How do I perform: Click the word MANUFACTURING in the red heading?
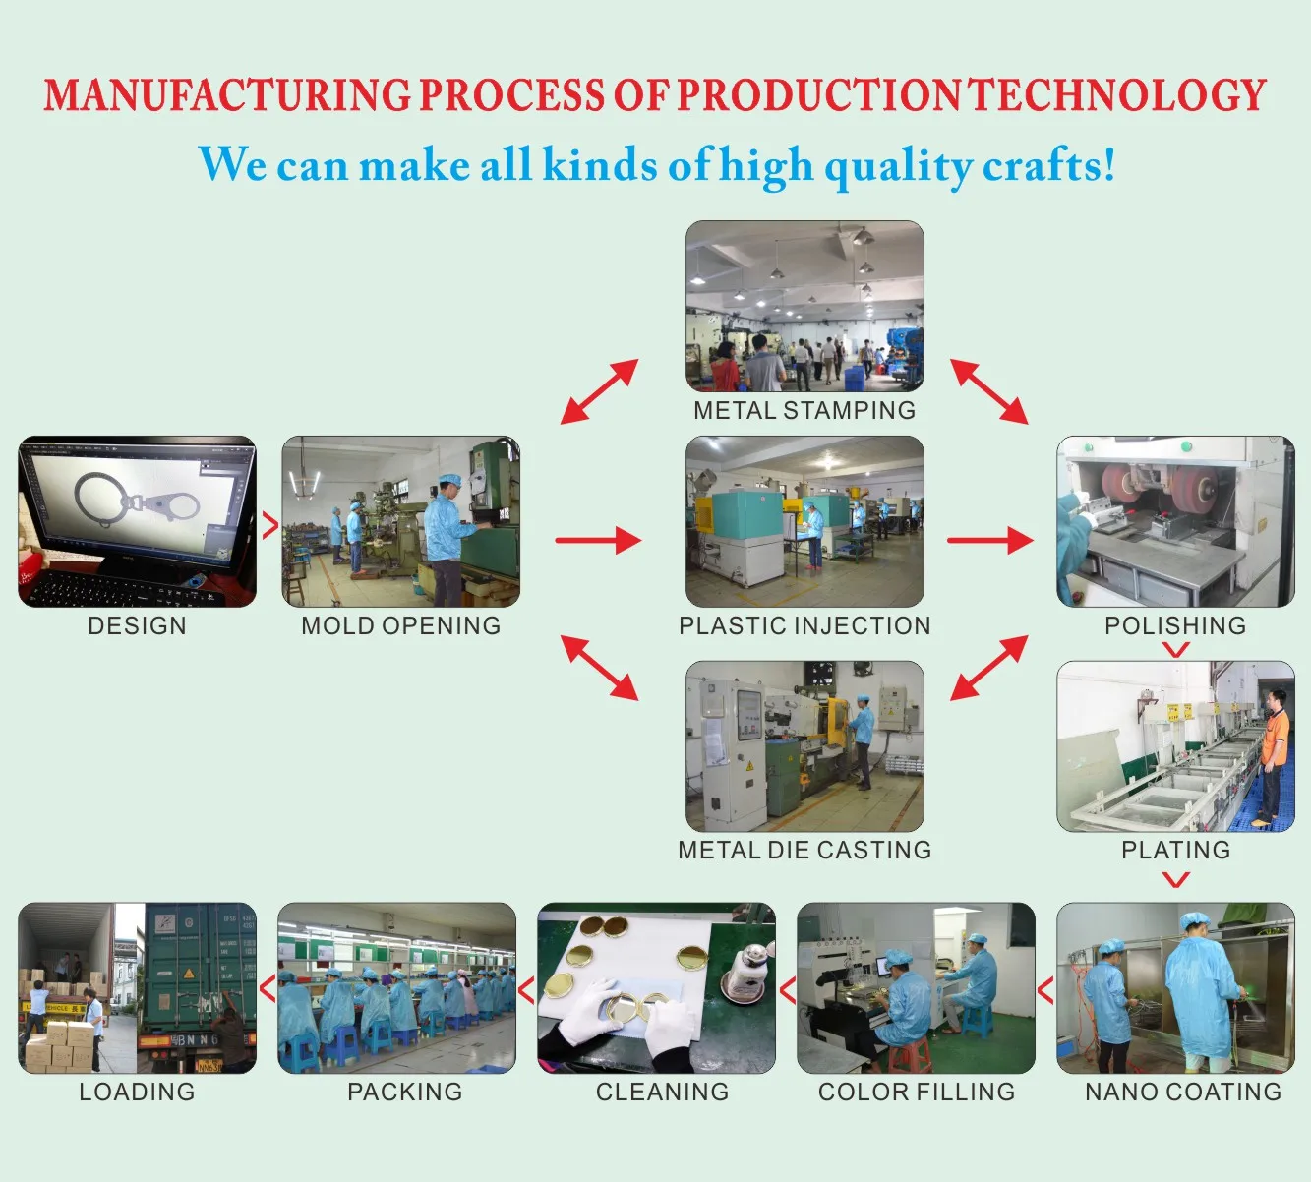pos(226,95)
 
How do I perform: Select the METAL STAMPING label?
pos(804,410)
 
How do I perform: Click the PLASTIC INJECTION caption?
pos(804,625)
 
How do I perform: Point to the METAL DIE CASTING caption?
pos(804,850)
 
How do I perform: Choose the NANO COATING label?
pos(1183,1092)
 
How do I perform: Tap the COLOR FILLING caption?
pos(917,1092)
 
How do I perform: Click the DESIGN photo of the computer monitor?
pos(137,521)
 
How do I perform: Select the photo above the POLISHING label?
pos(1175,521)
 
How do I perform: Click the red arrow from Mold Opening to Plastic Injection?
pos(598,540)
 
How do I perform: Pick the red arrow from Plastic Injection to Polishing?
pos(989,540)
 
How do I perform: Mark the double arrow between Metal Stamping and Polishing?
pos(989,391)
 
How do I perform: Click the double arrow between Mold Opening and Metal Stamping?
pos(599,391)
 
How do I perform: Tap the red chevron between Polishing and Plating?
pos(1175,649)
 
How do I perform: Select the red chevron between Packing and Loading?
pos(268,988)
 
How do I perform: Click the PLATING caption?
pos(1175,850)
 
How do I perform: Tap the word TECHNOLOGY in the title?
pos(1118,95)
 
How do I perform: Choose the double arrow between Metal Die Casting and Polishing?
pos(989,668)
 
